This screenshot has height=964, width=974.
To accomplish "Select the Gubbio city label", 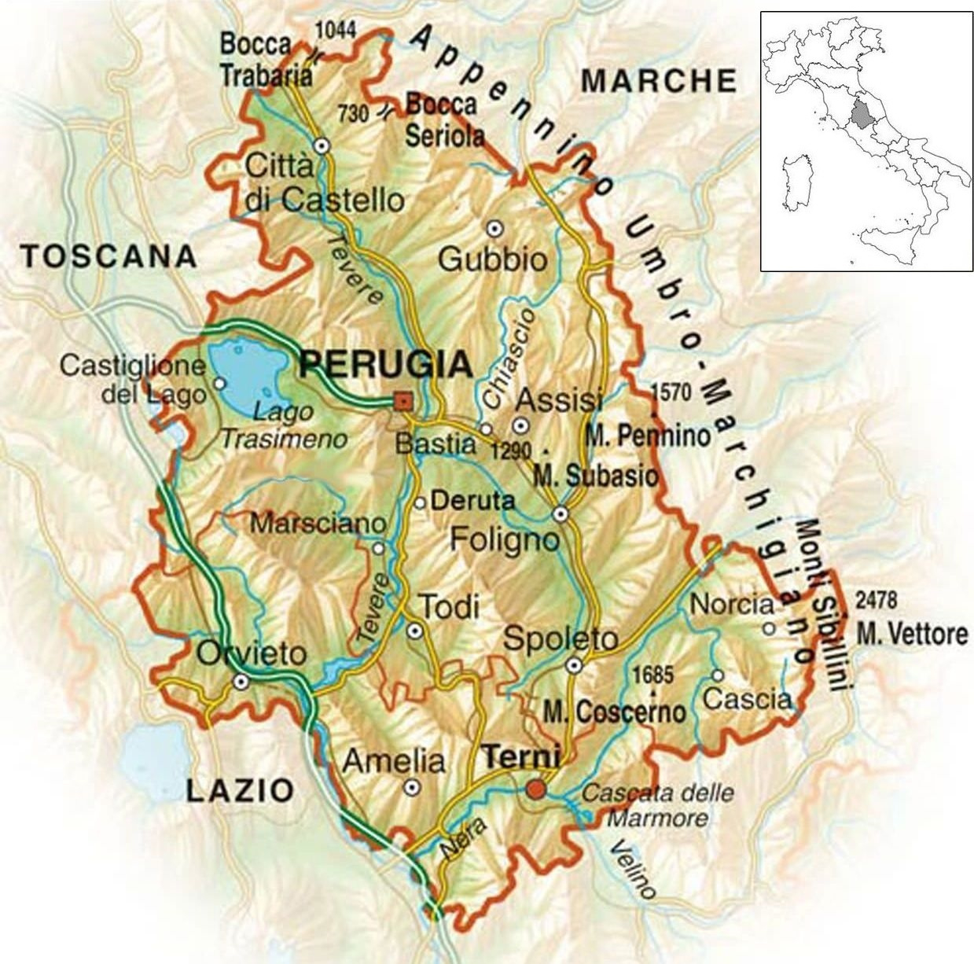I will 492,259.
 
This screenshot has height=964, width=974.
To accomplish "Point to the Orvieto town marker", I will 241,682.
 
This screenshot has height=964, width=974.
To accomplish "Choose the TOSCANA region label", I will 108,256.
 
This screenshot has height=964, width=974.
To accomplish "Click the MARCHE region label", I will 659,80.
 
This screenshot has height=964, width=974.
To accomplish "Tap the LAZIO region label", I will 241,789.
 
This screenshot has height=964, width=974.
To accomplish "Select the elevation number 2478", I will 876,600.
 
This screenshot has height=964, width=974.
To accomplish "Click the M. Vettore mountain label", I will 912,633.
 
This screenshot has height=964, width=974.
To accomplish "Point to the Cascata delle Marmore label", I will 657,805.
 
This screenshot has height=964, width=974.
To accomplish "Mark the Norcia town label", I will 731,605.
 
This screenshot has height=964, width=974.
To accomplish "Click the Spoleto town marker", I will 575,666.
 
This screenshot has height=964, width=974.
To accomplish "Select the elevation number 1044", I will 336,31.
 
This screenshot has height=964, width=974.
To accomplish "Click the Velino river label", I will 632,869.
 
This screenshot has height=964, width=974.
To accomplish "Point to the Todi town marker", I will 414,630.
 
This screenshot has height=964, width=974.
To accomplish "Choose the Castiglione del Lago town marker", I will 219,383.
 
